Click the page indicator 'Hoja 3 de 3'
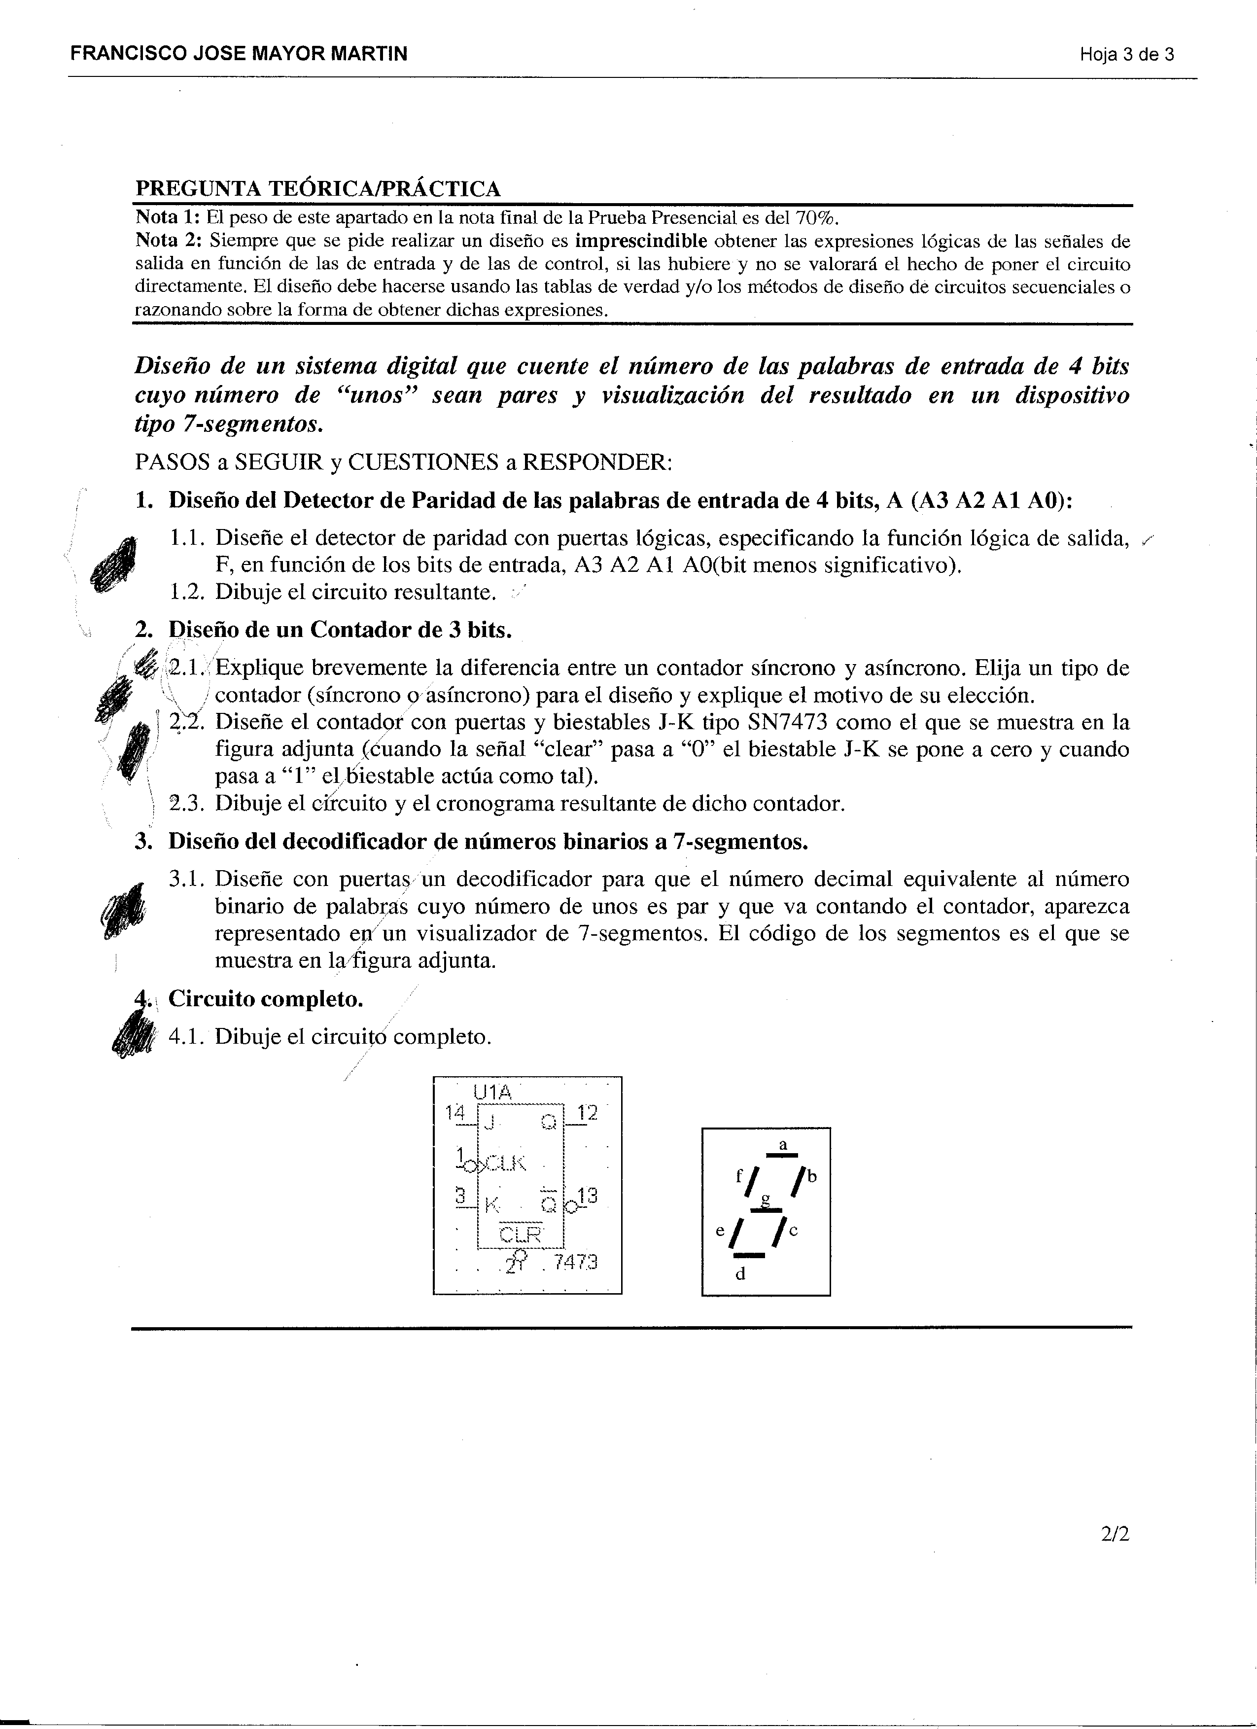pos(1126,54)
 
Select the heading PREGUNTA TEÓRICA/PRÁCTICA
pos(318,188)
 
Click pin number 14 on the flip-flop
pos(454,1112)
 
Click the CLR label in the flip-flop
pos(519,1234)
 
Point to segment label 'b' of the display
pos(812,1176)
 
